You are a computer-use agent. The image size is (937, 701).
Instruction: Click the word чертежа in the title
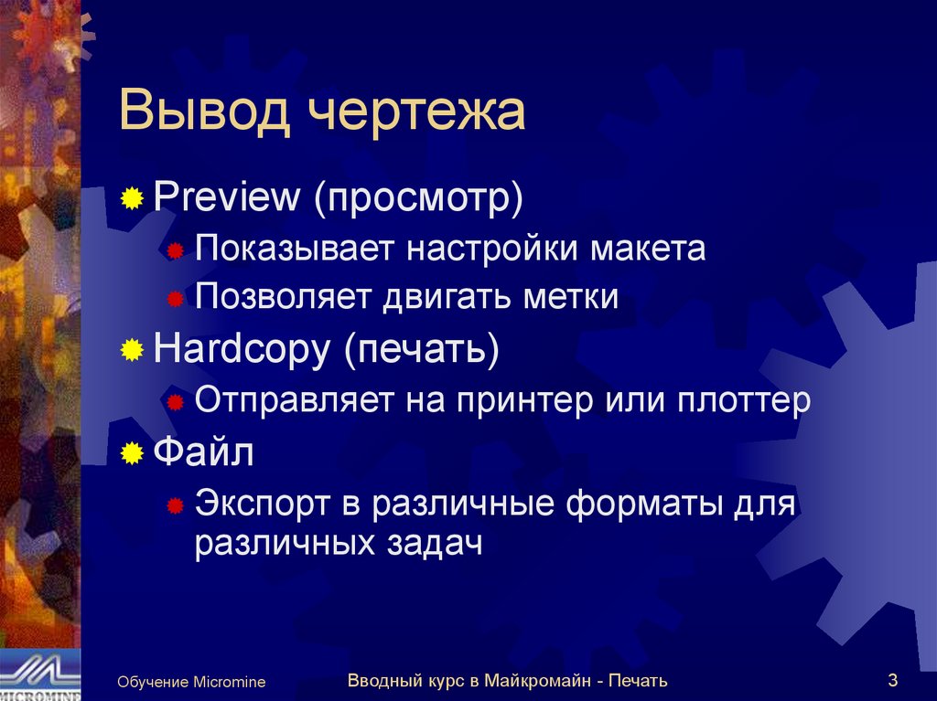(x=415, y=113)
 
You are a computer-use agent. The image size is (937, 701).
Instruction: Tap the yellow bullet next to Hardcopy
(x=133, y=351)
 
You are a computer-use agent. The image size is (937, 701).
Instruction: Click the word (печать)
(x=422, y=350)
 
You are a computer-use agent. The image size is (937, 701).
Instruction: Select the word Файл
(x=203, y=451)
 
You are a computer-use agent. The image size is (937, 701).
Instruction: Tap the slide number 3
(x=892, y=679)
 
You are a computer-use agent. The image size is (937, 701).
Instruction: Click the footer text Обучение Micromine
(x=191, y=682)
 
